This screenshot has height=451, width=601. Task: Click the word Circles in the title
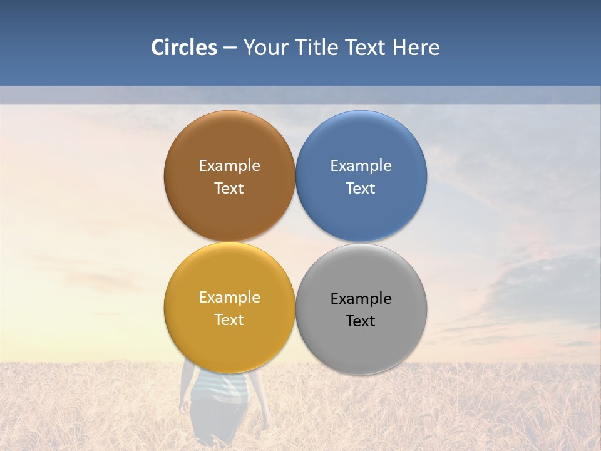183,48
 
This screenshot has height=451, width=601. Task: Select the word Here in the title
416,48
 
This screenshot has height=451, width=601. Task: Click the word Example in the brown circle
229,165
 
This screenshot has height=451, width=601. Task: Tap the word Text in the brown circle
229,188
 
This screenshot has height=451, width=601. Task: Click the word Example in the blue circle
361,165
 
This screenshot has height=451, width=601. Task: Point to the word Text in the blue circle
361,188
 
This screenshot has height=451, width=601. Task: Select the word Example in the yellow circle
229,297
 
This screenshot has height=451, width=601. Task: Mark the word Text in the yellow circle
229,319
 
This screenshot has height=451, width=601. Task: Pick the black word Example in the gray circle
361,298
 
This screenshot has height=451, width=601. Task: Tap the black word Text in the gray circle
361,321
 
